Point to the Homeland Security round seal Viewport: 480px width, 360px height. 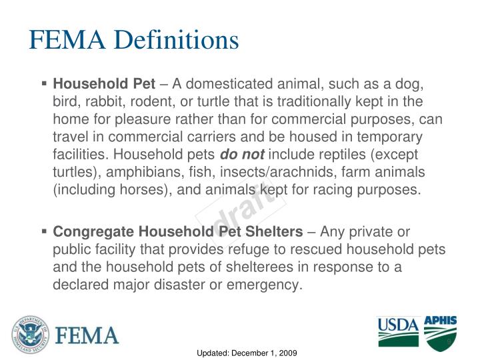[x=27, y=333]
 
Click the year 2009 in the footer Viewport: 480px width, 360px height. [x=286, y=351]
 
